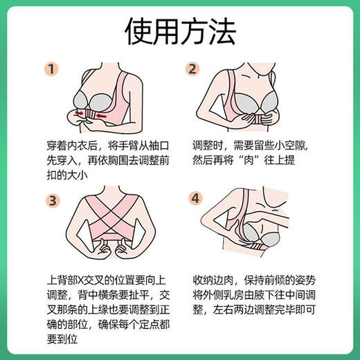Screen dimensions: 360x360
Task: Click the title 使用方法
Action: pyautogui.click(x=180, y=31)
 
